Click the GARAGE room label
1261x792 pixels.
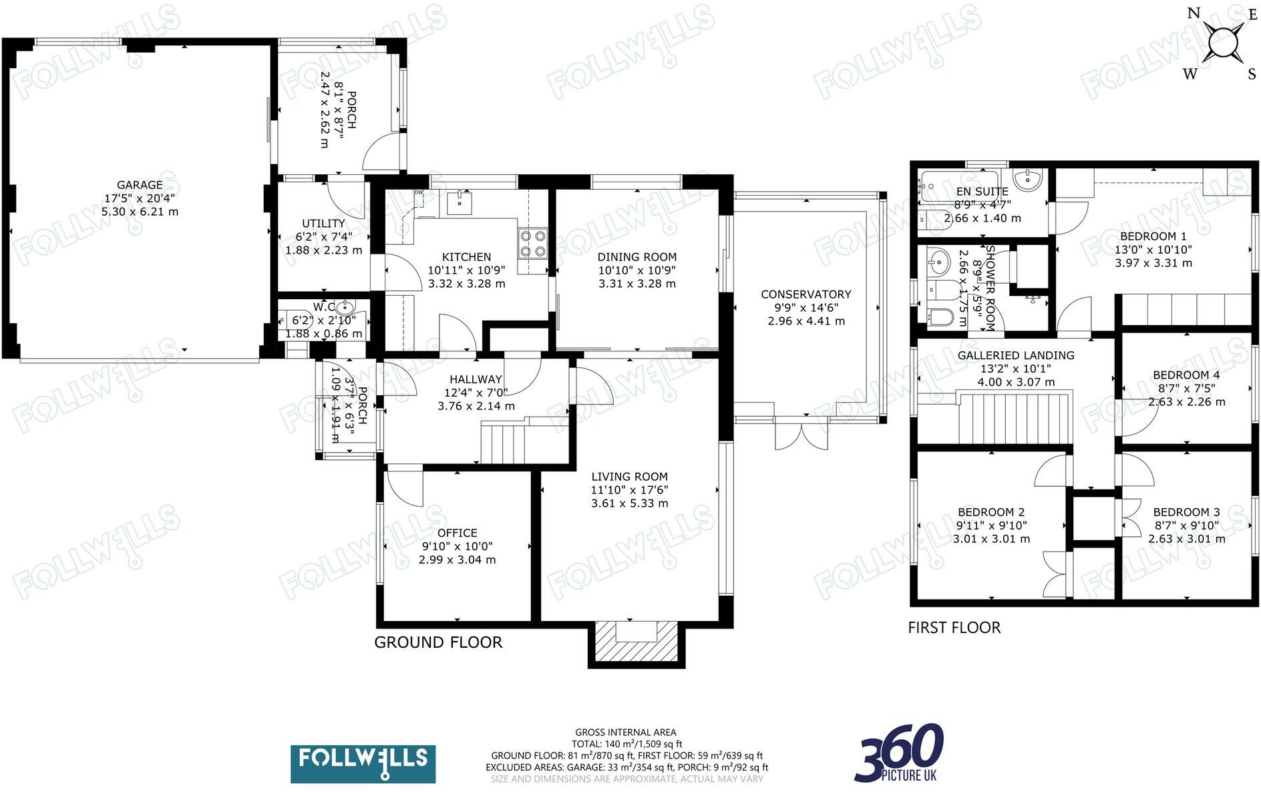click(x=140, y=185)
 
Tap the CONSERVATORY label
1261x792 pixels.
click(x=806, y=294)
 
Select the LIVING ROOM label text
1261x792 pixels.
click(x=629, y=477)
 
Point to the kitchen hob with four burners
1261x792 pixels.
click(x=533, y=243)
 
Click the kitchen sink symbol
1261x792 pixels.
click(x=460, y=202)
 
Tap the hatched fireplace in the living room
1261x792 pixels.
click(x=637, y=642)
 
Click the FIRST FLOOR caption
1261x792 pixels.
click(x=954, y=628)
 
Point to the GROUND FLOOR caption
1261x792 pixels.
click(x=438, y=642)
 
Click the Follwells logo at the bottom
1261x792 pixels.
click(x=363, y=764)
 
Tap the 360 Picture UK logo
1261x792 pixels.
click(x=898, y=753)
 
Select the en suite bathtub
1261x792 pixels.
click(x=959, y=186)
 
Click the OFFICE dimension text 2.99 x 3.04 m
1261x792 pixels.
click(x=458, y=560)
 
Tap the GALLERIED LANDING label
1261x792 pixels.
click(x=1016, y=356)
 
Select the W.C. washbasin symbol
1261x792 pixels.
click(x=345, y=309)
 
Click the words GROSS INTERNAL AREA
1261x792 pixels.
click(x=626, y=733)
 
